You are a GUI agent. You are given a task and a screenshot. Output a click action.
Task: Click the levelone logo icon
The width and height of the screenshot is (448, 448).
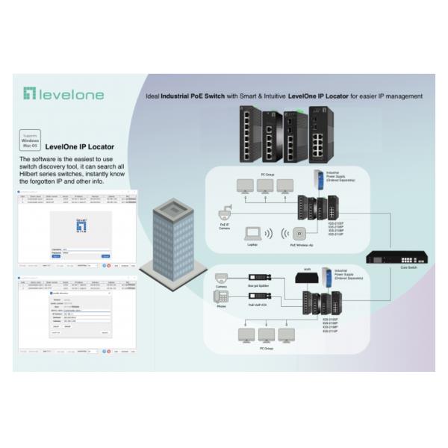30,94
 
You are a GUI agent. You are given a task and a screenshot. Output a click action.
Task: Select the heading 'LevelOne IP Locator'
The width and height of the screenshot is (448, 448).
80,147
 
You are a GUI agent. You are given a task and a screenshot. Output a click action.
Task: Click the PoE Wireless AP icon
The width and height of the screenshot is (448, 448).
299,233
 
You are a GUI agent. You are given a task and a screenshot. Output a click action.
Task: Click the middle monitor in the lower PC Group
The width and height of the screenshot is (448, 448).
267,335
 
